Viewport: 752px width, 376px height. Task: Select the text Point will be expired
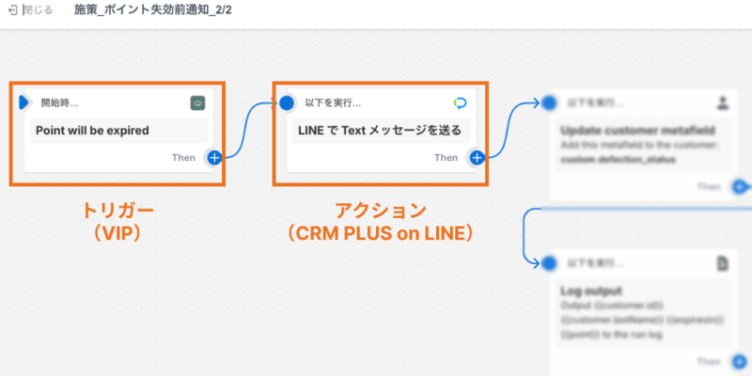(x=92, y=130)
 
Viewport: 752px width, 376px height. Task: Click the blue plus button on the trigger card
(x=214, y=157)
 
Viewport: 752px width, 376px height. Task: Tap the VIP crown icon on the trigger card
(x=197, y=102)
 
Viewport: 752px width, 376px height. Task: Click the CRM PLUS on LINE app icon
(x=460, y=102)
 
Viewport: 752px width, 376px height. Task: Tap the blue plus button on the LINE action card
(x=478, y=157)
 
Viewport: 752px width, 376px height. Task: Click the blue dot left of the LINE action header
(x=288, y=102)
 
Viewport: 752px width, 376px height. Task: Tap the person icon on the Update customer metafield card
(x=722, y=102)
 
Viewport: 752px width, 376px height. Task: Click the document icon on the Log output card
(x=722, y=264)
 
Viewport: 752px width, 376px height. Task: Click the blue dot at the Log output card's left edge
(x=549, y=263)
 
